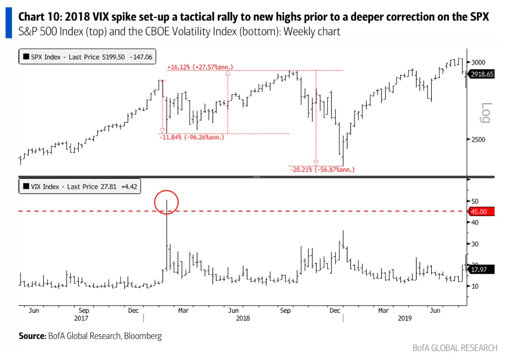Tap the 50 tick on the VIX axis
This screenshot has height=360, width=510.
(x=475, y=201)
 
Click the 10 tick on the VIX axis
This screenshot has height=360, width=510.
(x=475, y=286)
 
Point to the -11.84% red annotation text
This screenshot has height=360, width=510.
(x=192, y=137)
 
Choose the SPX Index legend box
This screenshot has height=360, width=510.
(x=87, y=57)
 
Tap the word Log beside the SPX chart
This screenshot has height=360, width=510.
(x=487, y=113)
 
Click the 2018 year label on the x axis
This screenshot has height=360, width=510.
(x=243, y=318)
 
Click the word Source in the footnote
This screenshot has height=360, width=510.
(x=31, y=336)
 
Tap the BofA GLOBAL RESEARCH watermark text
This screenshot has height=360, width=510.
(x=455, y=348)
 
